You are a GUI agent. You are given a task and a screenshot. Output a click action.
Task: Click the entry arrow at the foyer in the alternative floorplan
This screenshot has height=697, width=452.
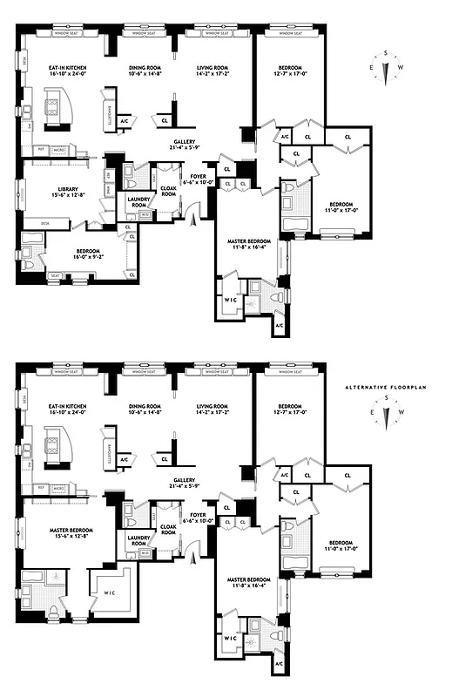click(x=195, y=559)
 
